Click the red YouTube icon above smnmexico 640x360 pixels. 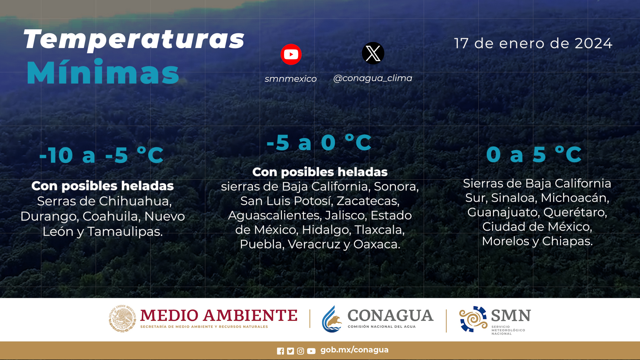pos(291,54)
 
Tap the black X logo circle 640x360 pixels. pos(373,53)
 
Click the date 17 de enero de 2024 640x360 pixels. pos(533,43)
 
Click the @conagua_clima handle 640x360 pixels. pos(373,78)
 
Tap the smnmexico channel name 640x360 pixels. pos(291,79)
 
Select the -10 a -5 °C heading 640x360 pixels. pos(101,155)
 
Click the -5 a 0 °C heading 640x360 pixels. pos(319,143)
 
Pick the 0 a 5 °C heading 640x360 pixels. pos(534,154)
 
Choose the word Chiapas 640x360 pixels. pos(567,241)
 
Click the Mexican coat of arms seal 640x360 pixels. pos(122,319)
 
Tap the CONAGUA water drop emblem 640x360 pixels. pos(332,319)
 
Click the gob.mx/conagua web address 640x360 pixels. pos(354,350)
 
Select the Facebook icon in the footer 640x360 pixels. pos(280,351)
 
